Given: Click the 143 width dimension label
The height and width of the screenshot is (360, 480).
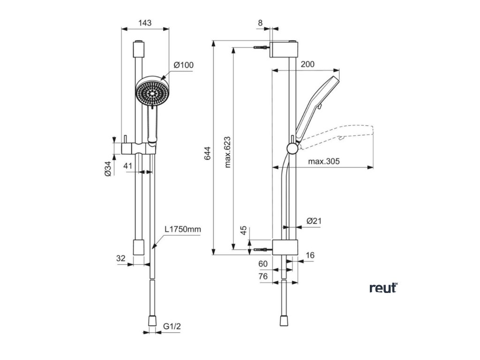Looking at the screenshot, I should point(145,22).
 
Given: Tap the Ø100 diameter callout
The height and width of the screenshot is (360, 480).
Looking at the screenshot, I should point(183,65).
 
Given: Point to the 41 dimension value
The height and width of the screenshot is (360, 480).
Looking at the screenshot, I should point(128,165).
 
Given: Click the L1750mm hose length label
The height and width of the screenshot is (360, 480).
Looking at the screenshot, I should point(182,230).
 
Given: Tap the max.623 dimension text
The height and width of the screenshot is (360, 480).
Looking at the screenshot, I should point(227,152).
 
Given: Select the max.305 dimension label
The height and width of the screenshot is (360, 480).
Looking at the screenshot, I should point(324,162).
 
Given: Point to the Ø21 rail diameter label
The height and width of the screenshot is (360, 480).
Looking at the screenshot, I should point(313,221).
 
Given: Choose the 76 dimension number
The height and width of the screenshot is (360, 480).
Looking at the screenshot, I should point(263,277).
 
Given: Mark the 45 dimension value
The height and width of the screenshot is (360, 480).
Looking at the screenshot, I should point(243,231).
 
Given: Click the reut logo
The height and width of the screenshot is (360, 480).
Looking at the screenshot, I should point(383,287).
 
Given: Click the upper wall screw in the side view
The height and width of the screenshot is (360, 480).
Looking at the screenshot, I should point(261,47).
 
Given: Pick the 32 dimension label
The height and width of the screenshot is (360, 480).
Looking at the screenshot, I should point(121,258).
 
